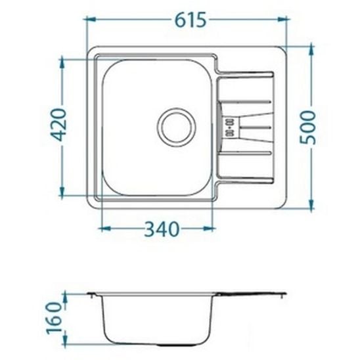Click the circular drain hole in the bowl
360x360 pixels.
pyautogui.click(x=176, y=125)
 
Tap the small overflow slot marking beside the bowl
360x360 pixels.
pyautogui.click(x=230, y=126)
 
